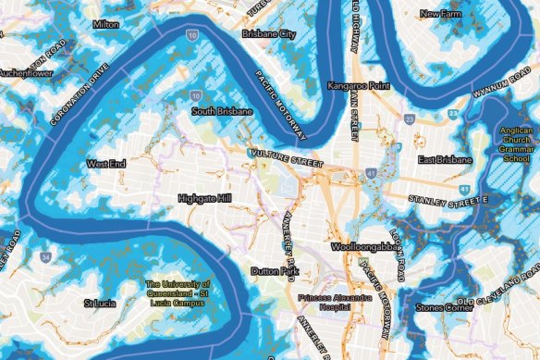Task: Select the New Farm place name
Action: point(441,14)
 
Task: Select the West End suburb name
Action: point(103,164)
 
